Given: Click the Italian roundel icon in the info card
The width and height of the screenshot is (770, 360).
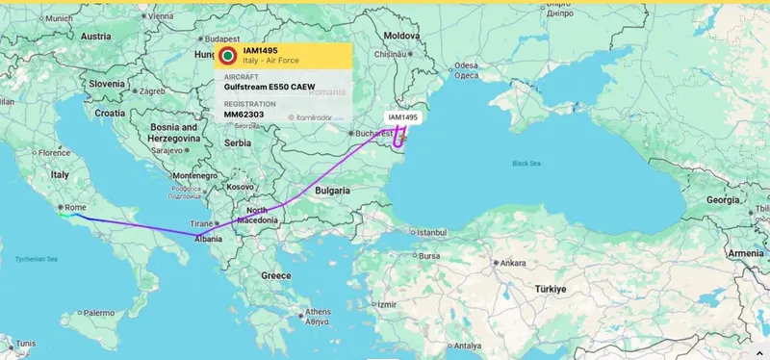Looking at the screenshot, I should tap(228, 56).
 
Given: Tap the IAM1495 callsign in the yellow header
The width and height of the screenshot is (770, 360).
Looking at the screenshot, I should tap(260, 50).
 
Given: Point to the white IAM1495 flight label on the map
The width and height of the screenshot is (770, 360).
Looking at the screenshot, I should tap(403, 117).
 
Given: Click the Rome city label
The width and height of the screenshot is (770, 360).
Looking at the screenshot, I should tap(74, 206).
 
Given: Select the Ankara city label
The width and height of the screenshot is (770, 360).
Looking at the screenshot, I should tap(512, 263).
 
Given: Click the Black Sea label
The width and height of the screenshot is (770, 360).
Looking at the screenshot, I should tap(526, 164).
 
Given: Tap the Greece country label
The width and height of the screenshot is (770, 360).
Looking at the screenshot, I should tap(276, 275).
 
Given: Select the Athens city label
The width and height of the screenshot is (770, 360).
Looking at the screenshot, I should tap(318, 312).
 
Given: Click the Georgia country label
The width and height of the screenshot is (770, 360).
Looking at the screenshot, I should tap(723, 199).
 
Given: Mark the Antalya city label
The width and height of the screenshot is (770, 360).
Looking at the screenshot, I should tap(467, 346).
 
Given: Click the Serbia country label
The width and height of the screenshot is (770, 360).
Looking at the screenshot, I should tap(237, 142).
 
